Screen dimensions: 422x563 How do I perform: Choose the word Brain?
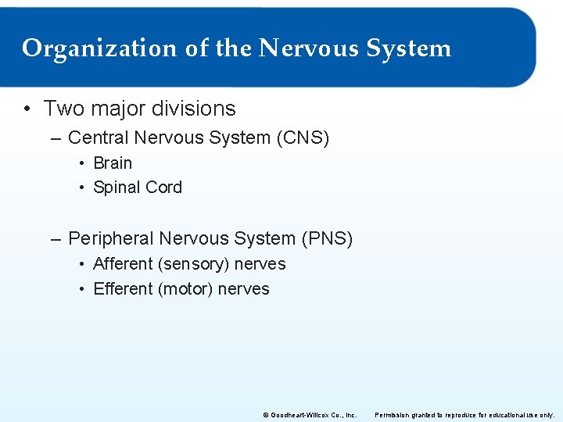coord(113,163)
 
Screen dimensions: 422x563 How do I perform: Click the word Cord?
coord(163,188)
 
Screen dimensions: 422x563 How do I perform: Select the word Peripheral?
coord(110,238)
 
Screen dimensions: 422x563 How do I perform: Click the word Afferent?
coord(123,264)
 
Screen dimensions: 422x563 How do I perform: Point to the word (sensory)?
coord(193,264)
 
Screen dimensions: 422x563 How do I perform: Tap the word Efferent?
coord(123,289)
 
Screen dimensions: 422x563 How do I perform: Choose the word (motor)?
coord(185,289)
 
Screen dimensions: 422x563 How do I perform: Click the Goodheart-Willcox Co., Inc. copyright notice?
coord(310,413)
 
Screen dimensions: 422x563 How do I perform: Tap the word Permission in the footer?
coord(393,413)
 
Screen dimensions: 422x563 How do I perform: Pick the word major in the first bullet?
coord(117,109)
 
